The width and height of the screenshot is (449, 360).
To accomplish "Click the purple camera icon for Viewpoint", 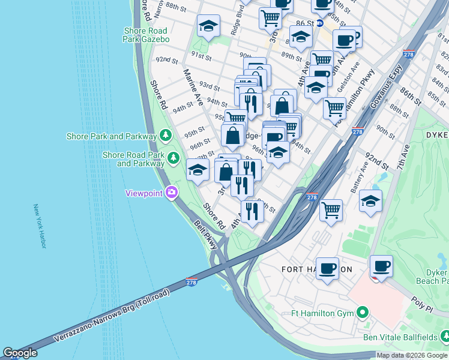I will [172, 193].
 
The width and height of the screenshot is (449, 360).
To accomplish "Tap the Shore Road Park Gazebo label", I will [147, 35].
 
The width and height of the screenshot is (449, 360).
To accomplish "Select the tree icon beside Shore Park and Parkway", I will [164, 136].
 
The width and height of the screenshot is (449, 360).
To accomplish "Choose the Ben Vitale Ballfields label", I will [400, 337].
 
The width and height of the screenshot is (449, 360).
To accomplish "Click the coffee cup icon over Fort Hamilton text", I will [327, 268].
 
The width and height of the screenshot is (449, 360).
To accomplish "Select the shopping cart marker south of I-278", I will [331, 211].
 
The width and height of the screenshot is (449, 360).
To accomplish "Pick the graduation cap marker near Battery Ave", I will [371, 200].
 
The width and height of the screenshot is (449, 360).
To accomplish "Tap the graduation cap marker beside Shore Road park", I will [197, 170].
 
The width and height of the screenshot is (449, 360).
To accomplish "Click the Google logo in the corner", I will [20, 353].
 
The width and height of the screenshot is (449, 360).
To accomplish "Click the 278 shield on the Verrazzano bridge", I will [191, 281].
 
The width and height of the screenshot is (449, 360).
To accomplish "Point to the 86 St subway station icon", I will [320, 23].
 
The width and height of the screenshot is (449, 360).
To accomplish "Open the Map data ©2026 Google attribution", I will [412, 355].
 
